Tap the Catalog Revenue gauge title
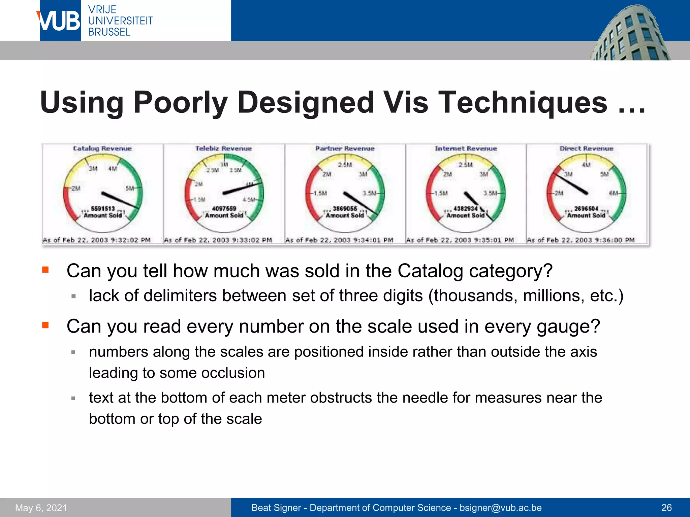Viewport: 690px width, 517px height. pos(102,148)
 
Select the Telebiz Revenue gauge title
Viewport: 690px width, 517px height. pos(224,148)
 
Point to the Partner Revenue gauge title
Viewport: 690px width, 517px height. pos(345,148)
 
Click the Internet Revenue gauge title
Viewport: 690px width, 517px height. pos(466,148)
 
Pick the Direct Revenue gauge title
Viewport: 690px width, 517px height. pos(586,148)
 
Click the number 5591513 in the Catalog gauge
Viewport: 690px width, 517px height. pos(103,209)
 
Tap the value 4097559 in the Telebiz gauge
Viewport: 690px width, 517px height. pos(224,209)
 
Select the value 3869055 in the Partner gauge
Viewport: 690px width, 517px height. pos(345,209)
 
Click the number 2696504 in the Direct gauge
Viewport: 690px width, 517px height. pos(586,209)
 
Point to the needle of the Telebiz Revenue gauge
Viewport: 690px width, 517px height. pos(243,188)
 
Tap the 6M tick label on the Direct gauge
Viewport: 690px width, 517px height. pos(613,193)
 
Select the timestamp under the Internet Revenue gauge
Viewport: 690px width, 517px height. pos(460,240)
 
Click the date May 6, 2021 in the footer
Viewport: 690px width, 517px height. pos(41,508)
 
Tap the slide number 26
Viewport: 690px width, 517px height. pos(666,508)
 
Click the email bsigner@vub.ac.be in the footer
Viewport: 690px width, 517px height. pos(501,508)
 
